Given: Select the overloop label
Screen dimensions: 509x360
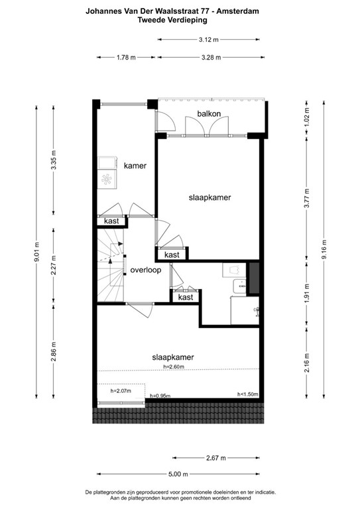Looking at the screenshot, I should coord(146,270).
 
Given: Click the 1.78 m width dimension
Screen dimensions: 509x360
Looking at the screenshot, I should coord(125,58).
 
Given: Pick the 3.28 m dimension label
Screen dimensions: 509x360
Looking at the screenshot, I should coord(211,58).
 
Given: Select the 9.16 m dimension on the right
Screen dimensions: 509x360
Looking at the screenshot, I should coord(324,251).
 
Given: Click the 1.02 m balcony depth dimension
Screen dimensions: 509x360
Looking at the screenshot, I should coord(306,121).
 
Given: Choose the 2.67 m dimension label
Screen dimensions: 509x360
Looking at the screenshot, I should coord(215,457).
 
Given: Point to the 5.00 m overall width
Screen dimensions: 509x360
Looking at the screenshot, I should coord(177,474).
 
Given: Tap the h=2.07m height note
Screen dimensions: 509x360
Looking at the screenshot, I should coord(121,390).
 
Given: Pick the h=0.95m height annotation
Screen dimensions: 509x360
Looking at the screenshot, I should coord(160,396).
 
